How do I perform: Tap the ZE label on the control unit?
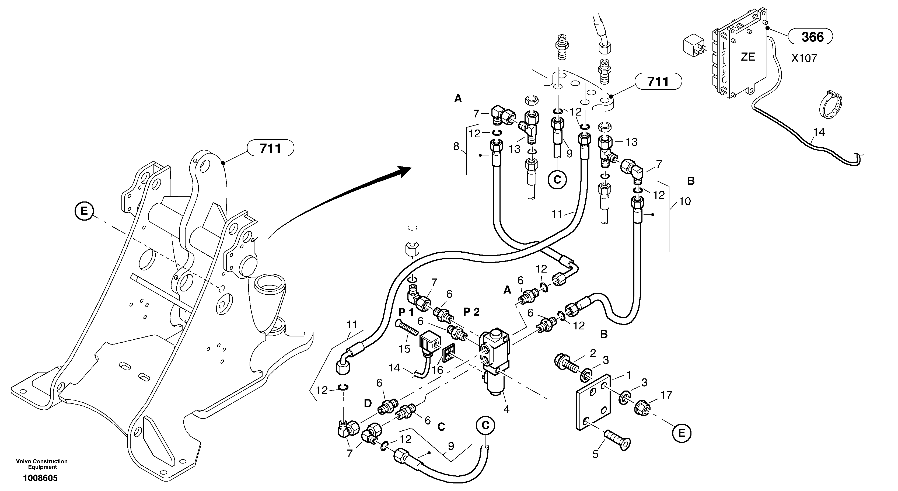(748, 57)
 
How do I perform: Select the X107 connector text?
(804, 58)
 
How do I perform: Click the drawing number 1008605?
(40, 478)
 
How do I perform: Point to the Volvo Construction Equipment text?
(42, 464)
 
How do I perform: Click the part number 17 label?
(666, 395)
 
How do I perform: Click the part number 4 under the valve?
(506, 409)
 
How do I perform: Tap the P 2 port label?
(471, 312)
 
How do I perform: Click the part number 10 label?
(685, 201)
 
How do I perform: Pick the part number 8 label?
(456, 147)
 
